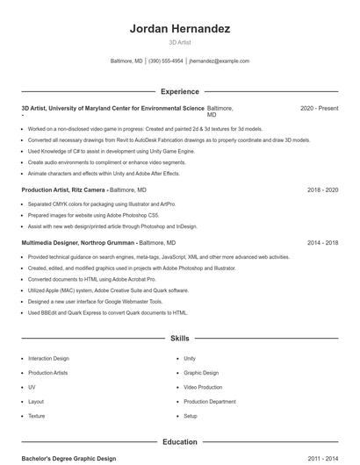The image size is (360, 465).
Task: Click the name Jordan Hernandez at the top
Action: click(x=179, y=29)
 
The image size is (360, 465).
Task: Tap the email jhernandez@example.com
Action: click(x=219, y=61)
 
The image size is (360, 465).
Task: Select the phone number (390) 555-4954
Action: click(x=166, y=61)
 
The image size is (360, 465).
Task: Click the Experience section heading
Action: click(x=179, y=91)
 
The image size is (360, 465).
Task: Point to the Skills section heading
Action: click(x=179, y=338)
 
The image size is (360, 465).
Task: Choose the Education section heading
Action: click(x=179, y=442)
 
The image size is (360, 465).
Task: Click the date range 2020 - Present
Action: click(x=319, y=108)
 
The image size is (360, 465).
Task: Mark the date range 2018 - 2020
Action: click(x=322, y=190)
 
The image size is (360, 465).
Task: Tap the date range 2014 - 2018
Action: click(x=322, y=242)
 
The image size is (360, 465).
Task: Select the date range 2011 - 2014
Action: click(x=322, y=458)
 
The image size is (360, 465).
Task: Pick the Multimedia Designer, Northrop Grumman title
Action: click(x=78, y=242)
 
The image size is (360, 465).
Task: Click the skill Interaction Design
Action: click(x=48, y=359)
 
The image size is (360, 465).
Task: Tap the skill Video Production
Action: click(x=203, y=387)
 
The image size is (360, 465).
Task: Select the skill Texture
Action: click(x=36, y=416)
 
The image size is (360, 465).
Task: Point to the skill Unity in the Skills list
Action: click(x=190, y=359)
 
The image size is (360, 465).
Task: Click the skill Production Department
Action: click(x=210, y=402)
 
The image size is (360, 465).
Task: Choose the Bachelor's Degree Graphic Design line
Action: click(x=68, y=458)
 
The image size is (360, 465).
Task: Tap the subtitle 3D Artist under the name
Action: click(x=179, y=42)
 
